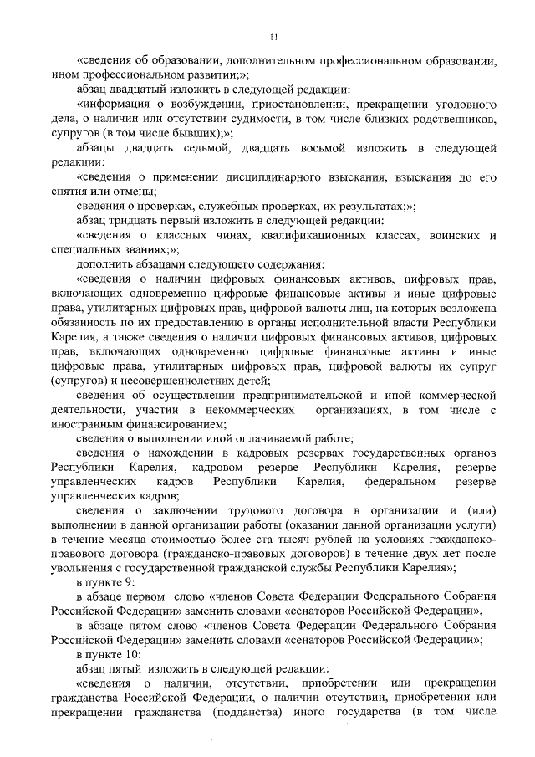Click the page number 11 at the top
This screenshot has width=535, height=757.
click(x=273, y=36)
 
